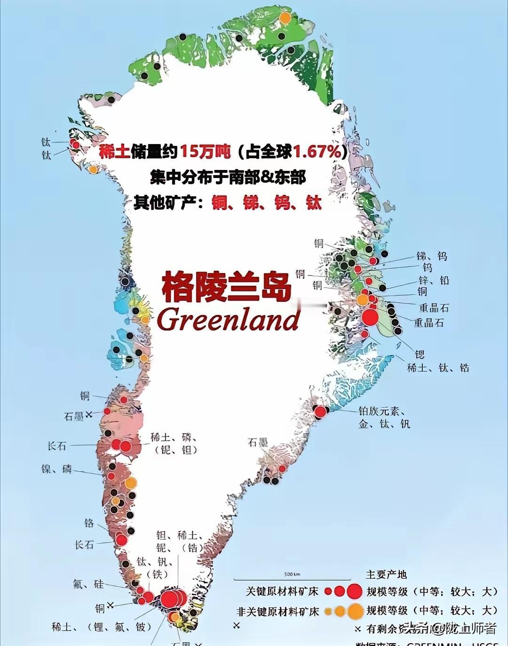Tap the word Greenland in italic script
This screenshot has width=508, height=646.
229,320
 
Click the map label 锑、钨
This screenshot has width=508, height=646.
431,256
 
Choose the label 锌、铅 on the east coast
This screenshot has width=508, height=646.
434,280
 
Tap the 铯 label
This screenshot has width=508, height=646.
420,355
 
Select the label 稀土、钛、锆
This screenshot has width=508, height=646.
437,368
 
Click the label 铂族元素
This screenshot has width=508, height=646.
381,411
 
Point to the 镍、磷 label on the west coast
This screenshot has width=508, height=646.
56,468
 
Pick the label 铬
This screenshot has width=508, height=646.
89,523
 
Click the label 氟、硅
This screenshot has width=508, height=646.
88,584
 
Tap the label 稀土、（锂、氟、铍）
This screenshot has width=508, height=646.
102,627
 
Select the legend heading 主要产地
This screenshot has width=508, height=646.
386,574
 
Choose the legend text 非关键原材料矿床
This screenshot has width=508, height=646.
278,611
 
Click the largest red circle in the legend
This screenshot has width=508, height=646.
354,591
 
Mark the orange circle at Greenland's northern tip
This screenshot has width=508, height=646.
285,18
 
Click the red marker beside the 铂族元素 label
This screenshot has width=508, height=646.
320,412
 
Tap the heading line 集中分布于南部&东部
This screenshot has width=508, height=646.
228,178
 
